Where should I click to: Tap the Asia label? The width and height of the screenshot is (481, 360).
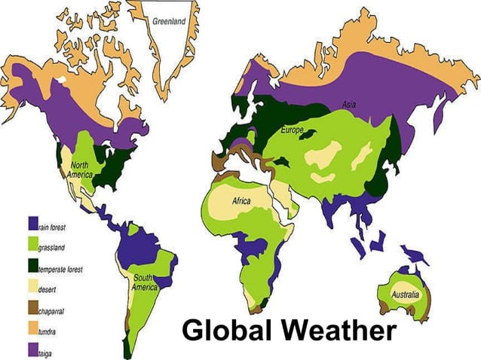tap(348, 104)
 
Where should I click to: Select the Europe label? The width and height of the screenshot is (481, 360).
tap(292, 130)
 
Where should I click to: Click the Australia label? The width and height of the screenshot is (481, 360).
tap(405, 294)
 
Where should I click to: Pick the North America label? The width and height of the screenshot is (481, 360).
tap(81, 169)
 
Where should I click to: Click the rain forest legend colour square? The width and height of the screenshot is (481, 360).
tap(32, 224)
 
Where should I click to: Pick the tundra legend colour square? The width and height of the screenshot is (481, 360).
tap(32, 329)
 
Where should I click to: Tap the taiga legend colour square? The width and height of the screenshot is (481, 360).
tap(32, 350)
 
